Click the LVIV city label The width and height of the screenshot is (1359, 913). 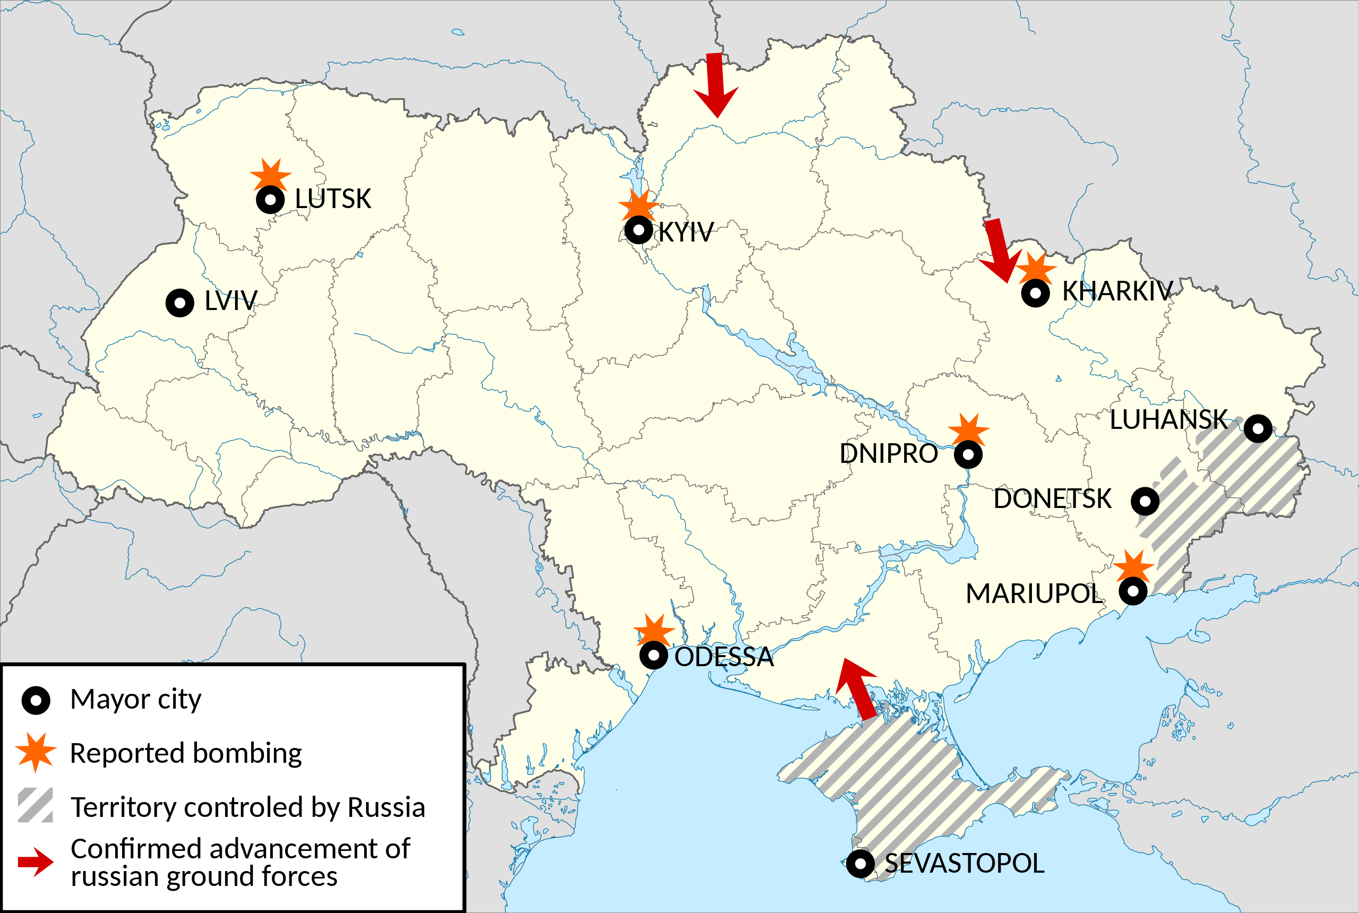230,301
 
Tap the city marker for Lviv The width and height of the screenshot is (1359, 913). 180,303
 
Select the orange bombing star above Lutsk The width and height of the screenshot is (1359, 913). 271,174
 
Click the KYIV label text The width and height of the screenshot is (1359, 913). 685,232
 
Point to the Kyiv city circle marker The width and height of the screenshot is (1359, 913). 638,230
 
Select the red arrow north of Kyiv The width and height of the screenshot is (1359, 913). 716,84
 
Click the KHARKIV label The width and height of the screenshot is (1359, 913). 1117,291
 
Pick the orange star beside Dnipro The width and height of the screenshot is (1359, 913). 968,430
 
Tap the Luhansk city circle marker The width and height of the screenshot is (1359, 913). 1258,428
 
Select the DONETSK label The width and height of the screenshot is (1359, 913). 1052,499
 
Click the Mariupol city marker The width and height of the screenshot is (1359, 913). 1133,591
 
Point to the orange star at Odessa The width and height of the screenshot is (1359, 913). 654,630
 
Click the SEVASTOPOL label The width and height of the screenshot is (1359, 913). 964,864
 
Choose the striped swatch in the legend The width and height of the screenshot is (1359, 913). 36,805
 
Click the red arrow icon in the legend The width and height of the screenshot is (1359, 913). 36,862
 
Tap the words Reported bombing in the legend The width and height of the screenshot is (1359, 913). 186,753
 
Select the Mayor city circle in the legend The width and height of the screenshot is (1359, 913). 36,700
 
